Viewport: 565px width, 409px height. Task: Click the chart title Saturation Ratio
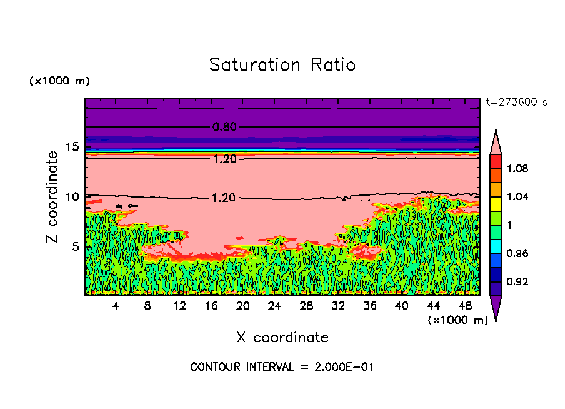(x=282, y=65)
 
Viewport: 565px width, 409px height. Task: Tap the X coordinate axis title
(x=282, y=338)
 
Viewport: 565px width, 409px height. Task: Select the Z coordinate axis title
(x=52, y=197)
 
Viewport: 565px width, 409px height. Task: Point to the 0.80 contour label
(x=224, y=127)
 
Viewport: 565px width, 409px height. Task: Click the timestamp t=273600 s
(x=517, y=103)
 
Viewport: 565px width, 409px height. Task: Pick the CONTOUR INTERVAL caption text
(x=282, y=367)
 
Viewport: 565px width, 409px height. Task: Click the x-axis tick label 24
(x=274, y=306)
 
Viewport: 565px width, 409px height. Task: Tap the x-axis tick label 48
(x=464, y=306)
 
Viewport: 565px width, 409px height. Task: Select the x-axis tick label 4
(x=116, y=306)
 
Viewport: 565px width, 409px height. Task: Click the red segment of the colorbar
(x=496, y=161)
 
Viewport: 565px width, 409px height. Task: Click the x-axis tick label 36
(x=369, y=306)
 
